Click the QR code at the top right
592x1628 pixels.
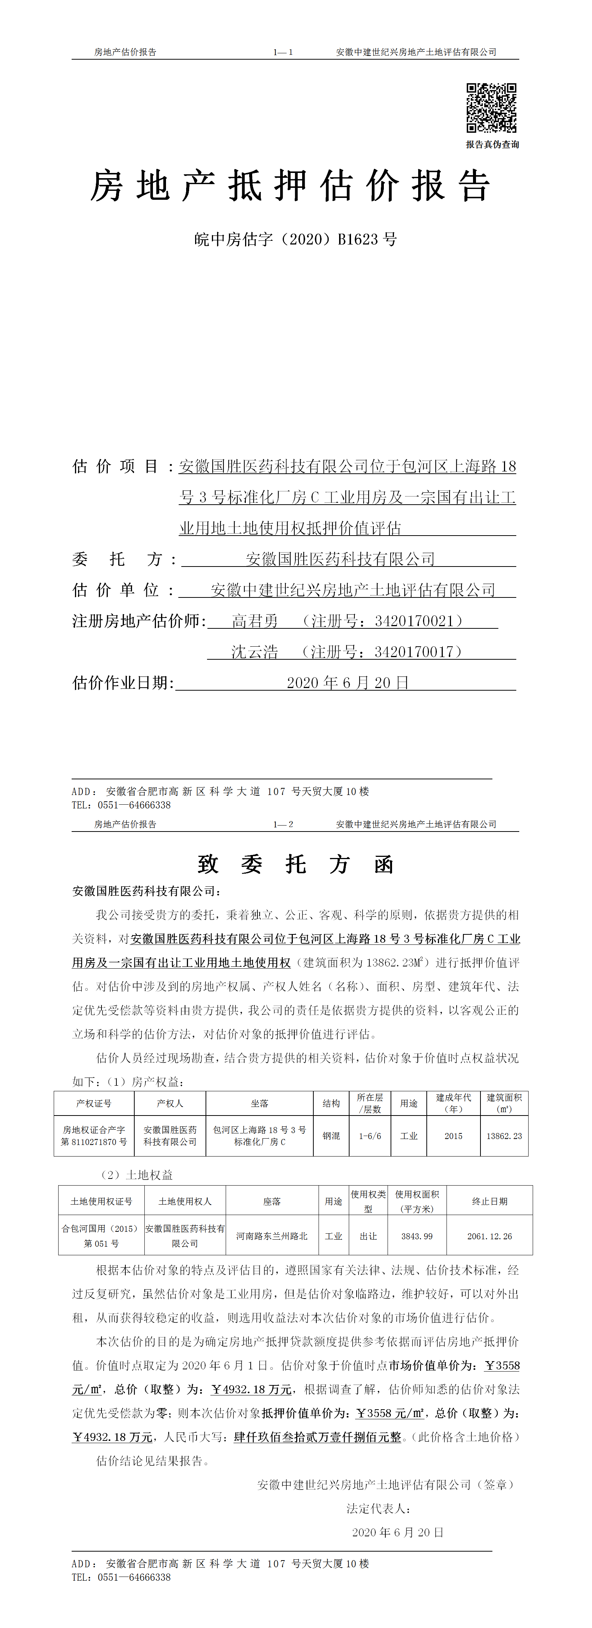(491, 108)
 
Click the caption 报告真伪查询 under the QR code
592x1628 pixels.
(492, 145)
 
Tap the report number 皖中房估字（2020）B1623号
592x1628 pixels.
(295, 240)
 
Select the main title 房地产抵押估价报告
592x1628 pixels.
(290, 186)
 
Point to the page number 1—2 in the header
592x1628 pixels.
(283, 824)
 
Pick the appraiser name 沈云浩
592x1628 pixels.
(254, 652)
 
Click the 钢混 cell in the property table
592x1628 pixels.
(331, 1136)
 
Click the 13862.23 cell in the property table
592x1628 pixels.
(504, 1136)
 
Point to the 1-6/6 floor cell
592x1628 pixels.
(370, 1136)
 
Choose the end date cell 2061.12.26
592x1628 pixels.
(489, 1236)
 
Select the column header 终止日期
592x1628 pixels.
(489, 1201)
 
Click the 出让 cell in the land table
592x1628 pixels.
(368, 1236)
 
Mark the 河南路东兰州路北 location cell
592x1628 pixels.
(272, 1236)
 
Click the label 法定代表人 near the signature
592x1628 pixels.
(377, 1509)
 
